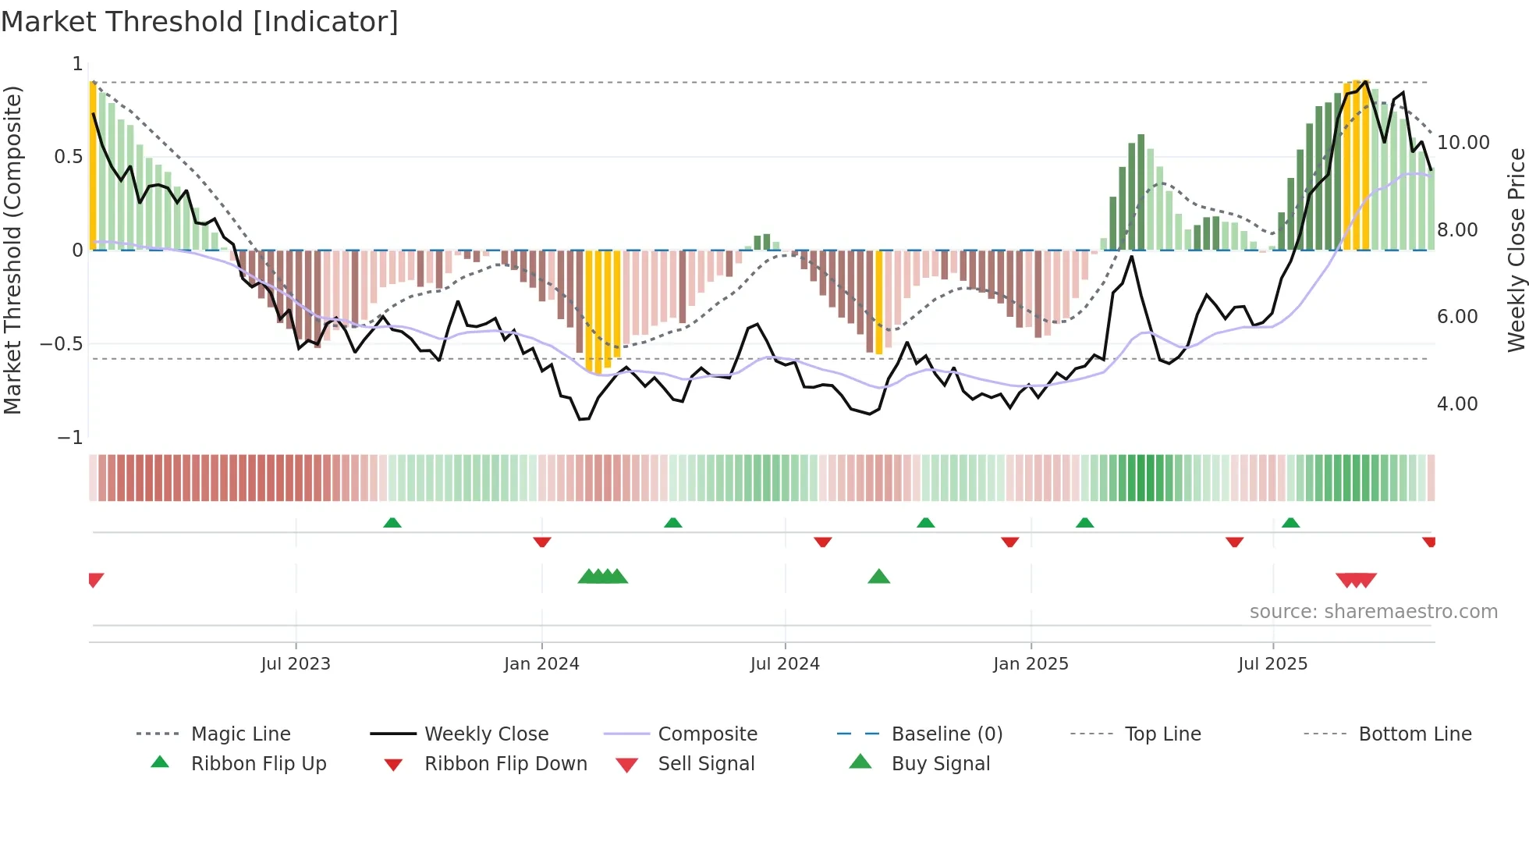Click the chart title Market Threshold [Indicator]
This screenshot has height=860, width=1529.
pyautogui.click(x=200, y=22)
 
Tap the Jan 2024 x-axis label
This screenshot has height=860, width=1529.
pyautogui.click(x=541, y=664)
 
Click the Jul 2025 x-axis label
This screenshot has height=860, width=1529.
pyautogui.click(x=1272, y=664)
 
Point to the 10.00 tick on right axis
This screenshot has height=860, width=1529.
pyautogui.click(x=1463, y=143)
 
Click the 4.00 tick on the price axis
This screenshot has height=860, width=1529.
pyautogui.click(x=1457, y=404)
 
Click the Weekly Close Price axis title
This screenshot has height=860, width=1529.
pyautogui.click(x=1516, y=250)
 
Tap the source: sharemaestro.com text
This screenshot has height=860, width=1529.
pyautogui.click(x=1373, y=612)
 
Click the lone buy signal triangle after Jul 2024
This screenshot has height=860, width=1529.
pyautogui.click(x=879, y=577)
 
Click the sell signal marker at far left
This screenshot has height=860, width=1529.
pyautogui.click(x=95, y=579)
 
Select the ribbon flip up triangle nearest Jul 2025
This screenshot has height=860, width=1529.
pyautogui.click(x=1290, y=523)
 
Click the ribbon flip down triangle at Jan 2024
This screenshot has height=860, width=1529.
pyautogui.click(x=542, y=542)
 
